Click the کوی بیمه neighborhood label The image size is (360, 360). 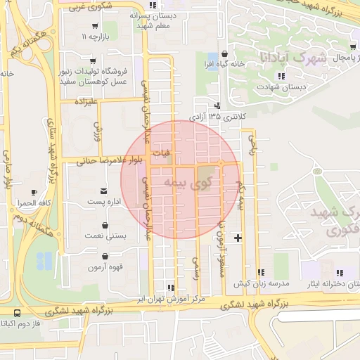pos(188,183)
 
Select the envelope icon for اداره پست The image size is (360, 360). pos(104,191)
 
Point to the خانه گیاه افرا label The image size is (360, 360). pos(224,64)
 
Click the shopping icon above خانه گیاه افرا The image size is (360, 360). pos(224,53)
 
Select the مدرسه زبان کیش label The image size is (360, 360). pos(261,283)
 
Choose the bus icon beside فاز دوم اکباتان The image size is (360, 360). pos(16,313)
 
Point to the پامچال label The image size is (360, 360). pos(342,56)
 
